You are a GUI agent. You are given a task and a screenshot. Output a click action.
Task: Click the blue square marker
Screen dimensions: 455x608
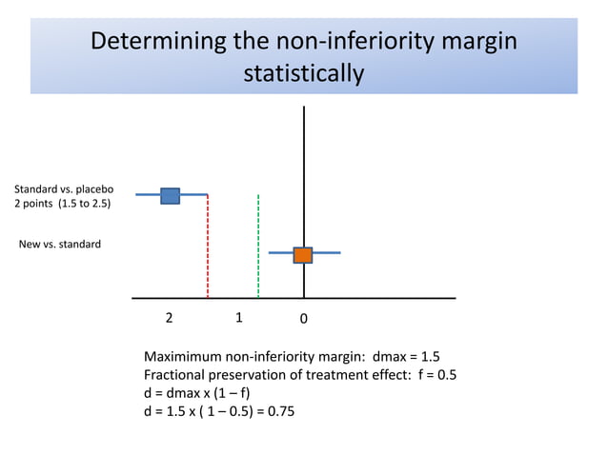tap(170, 195)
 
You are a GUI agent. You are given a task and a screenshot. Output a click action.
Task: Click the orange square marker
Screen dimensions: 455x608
tap(302, 254)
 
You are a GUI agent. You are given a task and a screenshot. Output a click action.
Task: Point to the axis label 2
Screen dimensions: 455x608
tap(169, 318)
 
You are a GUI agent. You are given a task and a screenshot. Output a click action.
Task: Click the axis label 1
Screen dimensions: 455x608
tap(239, 318)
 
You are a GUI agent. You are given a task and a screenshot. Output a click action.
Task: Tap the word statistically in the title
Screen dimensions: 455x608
tap(304, 73)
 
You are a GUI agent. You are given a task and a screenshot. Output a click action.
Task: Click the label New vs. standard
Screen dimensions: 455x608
tap(60, 245)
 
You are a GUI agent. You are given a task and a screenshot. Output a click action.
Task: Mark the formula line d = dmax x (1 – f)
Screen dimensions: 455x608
tap(197, 392)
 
